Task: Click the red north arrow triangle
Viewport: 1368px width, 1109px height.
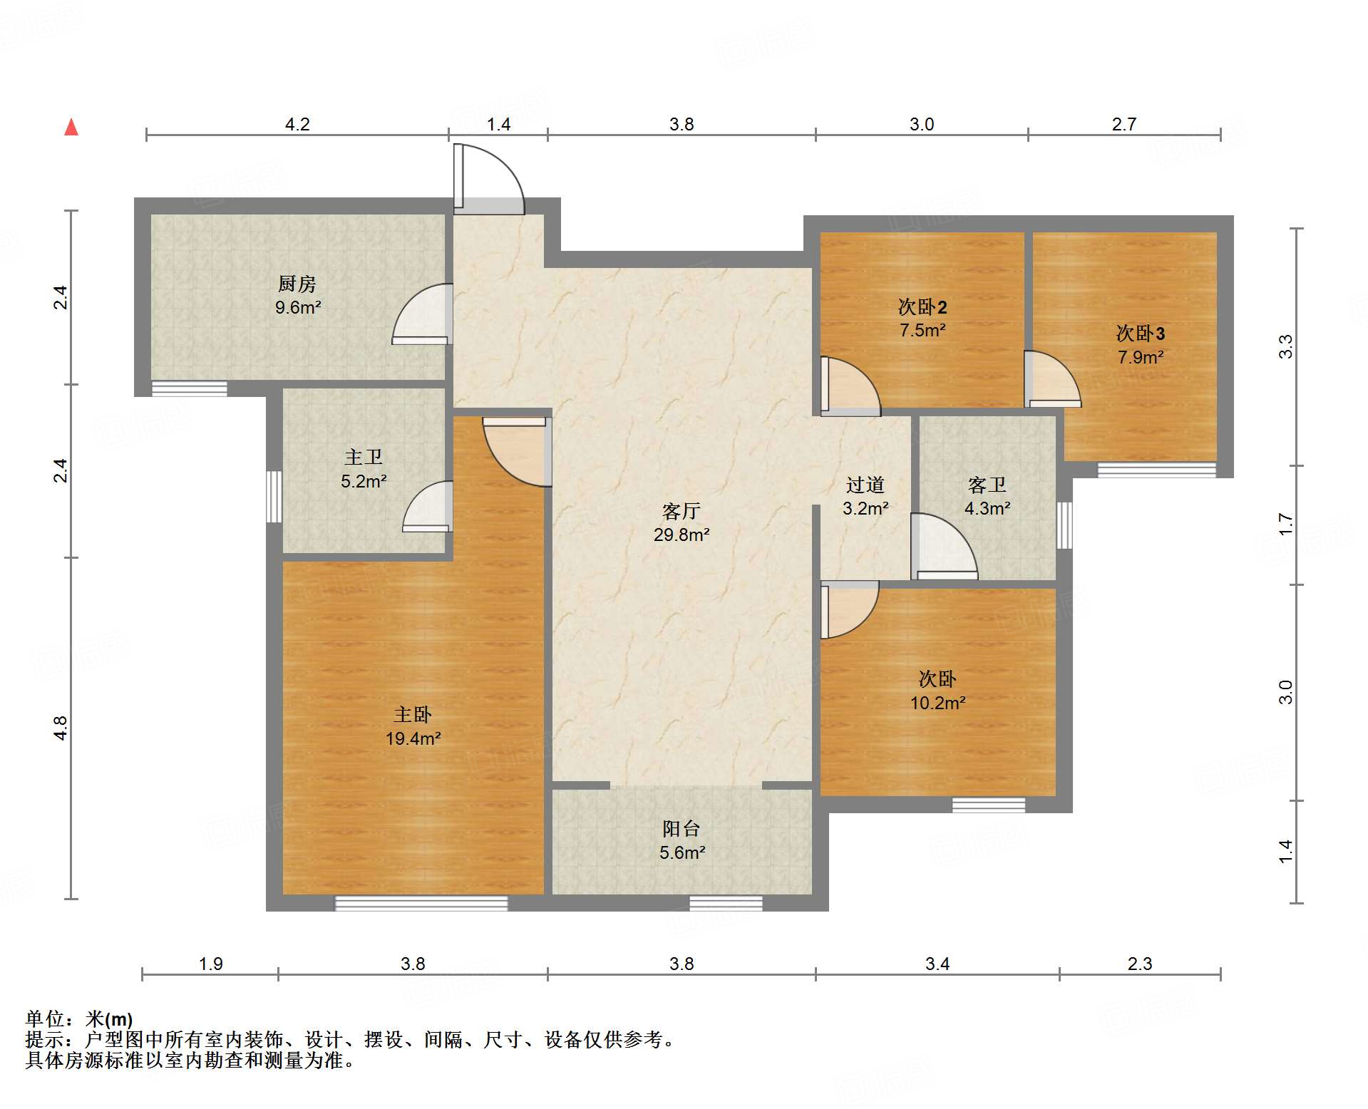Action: point(71,128)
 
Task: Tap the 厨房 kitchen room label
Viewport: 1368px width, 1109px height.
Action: point(297,284)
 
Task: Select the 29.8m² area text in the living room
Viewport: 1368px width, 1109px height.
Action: point(682,535)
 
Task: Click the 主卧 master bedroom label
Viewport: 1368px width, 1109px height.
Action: point(413,714)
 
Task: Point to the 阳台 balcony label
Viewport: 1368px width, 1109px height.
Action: point(682,828)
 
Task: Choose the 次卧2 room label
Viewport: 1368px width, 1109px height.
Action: point(922,306)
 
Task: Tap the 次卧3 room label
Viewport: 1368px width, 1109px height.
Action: point(1141,333)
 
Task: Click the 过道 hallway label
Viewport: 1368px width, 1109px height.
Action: point(865,485)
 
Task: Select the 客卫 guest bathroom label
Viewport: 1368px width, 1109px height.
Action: point(987,485)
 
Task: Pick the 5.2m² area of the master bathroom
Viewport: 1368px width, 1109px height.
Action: point(364,482)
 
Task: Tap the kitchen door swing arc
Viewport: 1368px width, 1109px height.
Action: point(422,314)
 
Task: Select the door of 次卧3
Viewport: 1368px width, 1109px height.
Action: point(1052,379)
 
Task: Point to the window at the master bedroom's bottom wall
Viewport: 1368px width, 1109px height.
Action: point(421,903)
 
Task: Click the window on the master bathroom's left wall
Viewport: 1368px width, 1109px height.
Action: point(274,497)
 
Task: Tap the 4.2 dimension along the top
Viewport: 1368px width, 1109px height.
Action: point(297,124)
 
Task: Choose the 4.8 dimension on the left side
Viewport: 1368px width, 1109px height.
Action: point(61,728)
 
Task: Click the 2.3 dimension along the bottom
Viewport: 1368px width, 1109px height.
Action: point(1140,964)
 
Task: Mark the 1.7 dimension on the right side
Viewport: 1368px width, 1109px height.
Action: point(1285,525)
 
